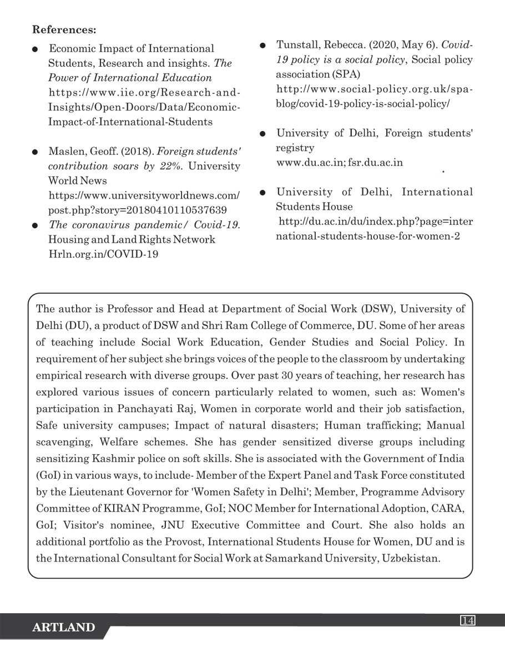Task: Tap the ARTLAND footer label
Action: [63, 628]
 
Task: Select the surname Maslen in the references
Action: [64, 151]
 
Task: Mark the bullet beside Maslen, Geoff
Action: [36, 151]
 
